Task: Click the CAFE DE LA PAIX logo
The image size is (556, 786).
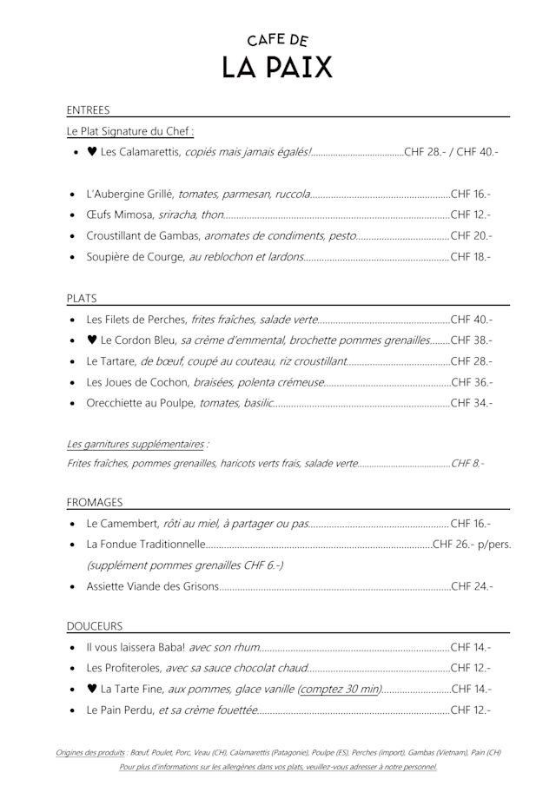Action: point(277,56)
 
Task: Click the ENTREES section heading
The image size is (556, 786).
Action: point(88,110)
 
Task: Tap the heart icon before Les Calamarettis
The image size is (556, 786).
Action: point(92,152)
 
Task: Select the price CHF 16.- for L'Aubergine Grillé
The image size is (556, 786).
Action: point(471,194)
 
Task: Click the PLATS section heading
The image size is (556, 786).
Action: point(82,298)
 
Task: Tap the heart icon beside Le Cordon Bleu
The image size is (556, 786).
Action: point(92,340)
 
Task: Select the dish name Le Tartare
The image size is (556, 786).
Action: point(112,360)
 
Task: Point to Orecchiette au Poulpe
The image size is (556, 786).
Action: point(142,402)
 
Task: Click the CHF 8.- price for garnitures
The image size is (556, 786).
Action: point(467,464)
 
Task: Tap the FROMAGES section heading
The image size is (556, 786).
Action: point(95,502)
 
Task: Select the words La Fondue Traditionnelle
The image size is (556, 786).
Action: point(146,545)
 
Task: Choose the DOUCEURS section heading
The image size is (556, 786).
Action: point(95,625)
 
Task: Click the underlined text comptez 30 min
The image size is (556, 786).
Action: point(340,690)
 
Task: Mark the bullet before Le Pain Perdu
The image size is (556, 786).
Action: point(73,710)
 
